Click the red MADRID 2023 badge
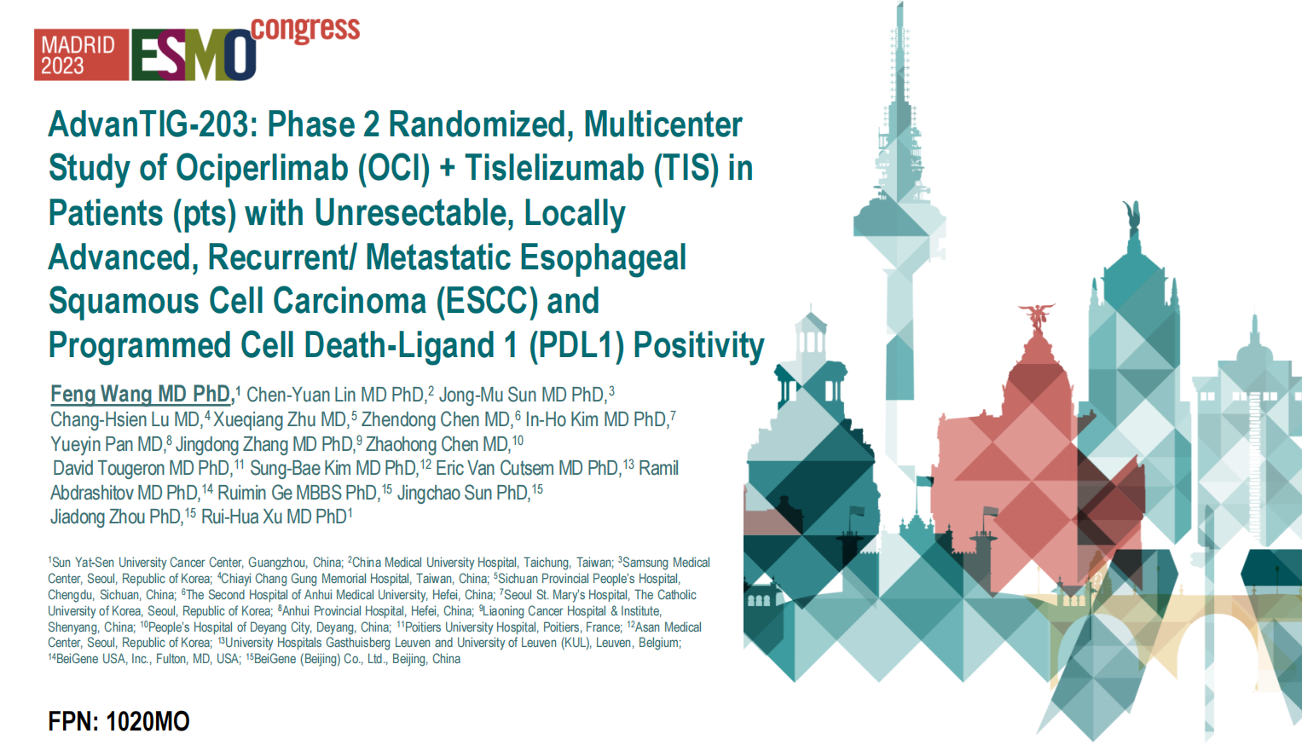coord(81,55)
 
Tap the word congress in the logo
coord(305,29)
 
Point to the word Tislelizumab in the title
coord(554,169)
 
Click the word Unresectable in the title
coord(414,213)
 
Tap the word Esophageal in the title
coord(603,258)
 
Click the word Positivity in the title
coord(698,346)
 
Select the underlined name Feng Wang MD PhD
coord(141,394)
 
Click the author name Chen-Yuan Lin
coord(300,396)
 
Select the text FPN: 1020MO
coord(119,722)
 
